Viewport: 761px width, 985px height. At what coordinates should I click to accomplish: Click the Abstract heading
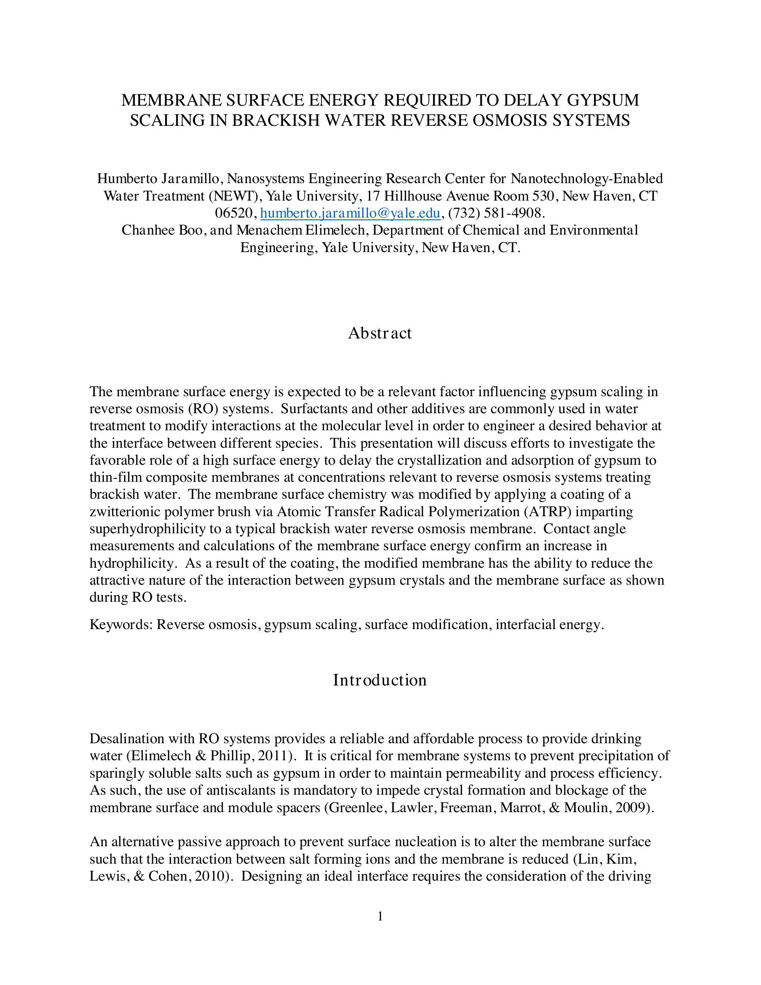click(x=380, y=333)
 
